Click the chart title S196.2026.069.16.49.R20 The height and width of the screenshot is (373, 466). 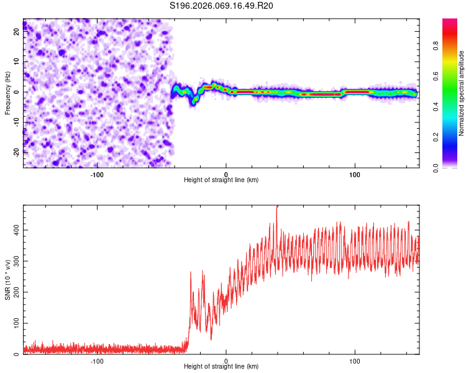coord(222,6)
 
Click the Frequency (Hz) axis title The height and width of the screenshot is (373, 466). coord(7,93)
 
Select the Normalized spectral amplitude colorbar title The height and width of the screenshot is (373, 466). coord(462,93)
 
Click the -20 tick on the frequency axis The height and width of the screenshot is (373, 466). coord(16,152)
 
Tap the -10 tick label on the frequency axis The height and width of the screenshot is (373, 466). coord(16,122)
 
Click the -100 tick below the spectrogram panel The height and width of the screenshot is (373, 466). coord(97,173)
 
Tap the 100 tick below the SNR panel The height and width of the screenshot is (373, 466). coord(355,361)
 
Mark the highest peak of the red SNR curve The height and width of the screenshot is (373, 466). coord(277,208)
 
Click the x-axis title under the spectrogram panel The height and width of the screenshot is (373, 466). coord(221,180)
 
